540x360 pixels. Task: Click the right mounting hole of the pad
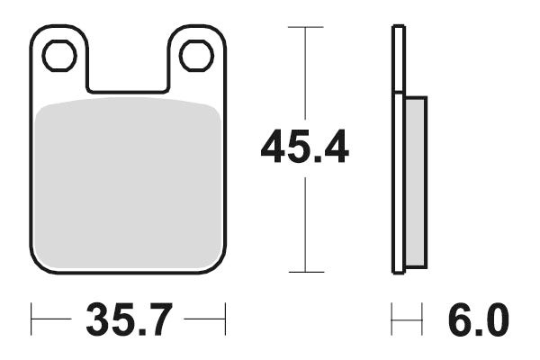196,56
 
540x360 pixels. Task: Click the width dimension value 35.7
129,319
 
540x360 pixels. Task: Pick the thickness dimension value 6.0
476,319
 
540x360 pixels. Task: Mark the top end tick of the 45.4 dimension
305,27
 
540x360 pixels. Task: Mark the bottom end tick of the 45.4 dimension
305,272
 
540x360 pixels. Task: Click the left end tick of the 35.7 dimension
31,319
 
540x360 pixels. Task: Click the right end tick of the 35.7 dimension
224,319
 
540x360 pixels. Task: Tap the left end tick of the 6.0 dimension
392,319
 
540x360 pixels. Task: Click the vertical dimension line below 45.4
305,225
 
